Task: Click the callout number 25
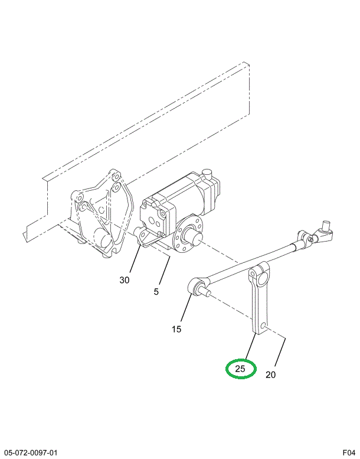click(x=240, y=368)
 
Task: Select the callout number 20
click(x=270, y=375)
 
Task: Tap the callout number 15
click(x=176, y=329)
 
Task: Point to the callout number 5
click(x=156, y=292)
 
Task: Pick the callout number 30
click(x=125, y=280)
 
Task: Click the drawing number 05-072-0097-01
click(x=31, y=453)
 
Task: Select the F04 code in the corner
click(x=349, y=453)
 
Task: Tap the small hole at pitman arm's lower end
click(x=263, y=325)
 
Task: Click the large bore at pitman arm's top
click(x=262, y=278)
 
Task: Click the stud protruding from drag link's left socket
click(x=205, y=291)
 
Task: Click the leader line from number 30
click(x=135, y=261)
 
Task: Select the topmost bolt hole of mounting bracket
click(x=116, y=177)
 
